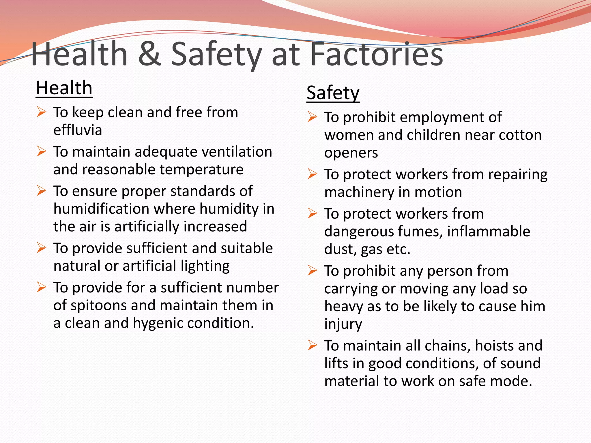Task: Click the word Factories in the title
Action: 377,54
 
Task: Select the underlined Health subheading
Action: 64,88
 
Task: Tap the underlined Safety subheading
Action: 333,93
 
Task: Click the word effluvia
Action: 78,130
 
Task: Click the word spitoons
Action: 98,305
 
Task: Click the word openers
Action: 351,153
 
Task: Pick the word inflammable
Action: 489,231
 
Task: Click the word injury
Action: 343,324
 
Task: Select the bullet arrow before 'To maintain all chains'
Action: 312,345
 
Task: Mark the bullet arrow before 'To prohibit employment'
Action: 312,117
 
